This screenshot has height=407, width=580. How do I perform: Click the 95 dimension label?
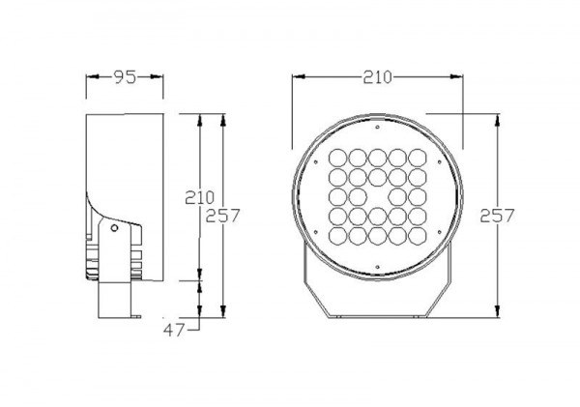click(125, 77)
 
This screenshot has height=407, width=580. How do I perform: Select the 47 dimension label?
click(174, 330)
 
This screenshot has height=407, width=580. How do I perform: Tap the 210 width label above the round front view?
click(377, 77)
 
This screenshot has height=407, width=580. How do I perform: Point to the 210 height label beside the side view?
click(200, 198)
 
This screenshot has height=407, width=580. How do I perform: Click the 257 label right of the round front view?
click(497, 216)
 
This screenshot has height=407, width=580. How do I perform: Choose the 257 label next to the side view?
click(222, 216)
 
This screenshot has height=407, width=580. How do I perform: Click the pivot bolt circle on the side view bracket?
click(114, 228)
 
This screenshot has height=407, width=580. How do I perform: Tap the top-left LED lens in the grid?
click(337, 158)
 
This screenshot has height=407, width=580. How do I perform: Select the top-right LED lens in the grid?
click(418, 158)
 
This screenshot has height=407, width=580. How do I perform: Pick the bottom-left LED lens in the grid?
click(337, 236)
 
